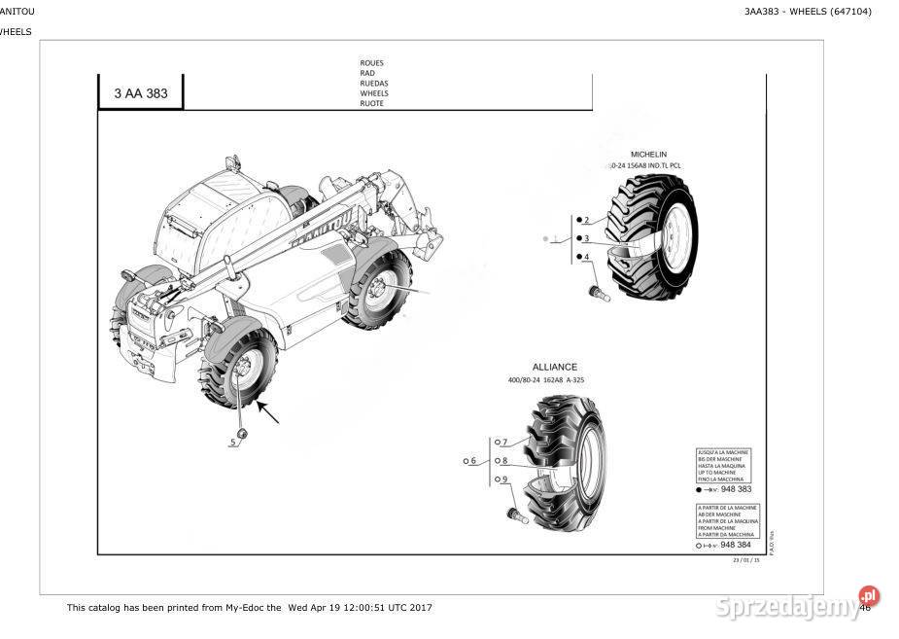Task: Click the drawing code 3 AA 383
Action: (x=140, y=94)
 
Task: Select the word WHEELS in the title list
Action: (x=374, y=94)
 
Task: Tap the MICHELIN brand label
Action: (x=648, y=155)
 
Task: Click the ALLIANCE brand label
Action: (x=554, y=368)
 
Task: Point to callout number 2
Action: (x=586, y=221)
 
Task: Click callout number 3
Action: (x=586, y=238)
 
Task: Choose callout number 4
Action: (x=586, y=257)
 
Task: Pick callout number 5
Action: (x=233, y=443)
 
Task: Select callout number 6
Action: (x=473, y=461)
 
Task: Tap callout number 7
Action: (x=504, y=443)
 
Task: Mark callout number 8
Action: (x=504, y=461)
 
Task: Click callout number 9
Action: (x=504, y=479)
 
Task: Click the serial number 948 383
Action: (x=736, y=489)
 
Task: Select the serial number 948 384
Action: (x=736, y=546)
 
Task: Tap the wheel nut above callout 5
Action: (x=243, y=432)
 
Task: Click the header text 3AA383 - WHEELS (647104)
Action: (x=808, y=12)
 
